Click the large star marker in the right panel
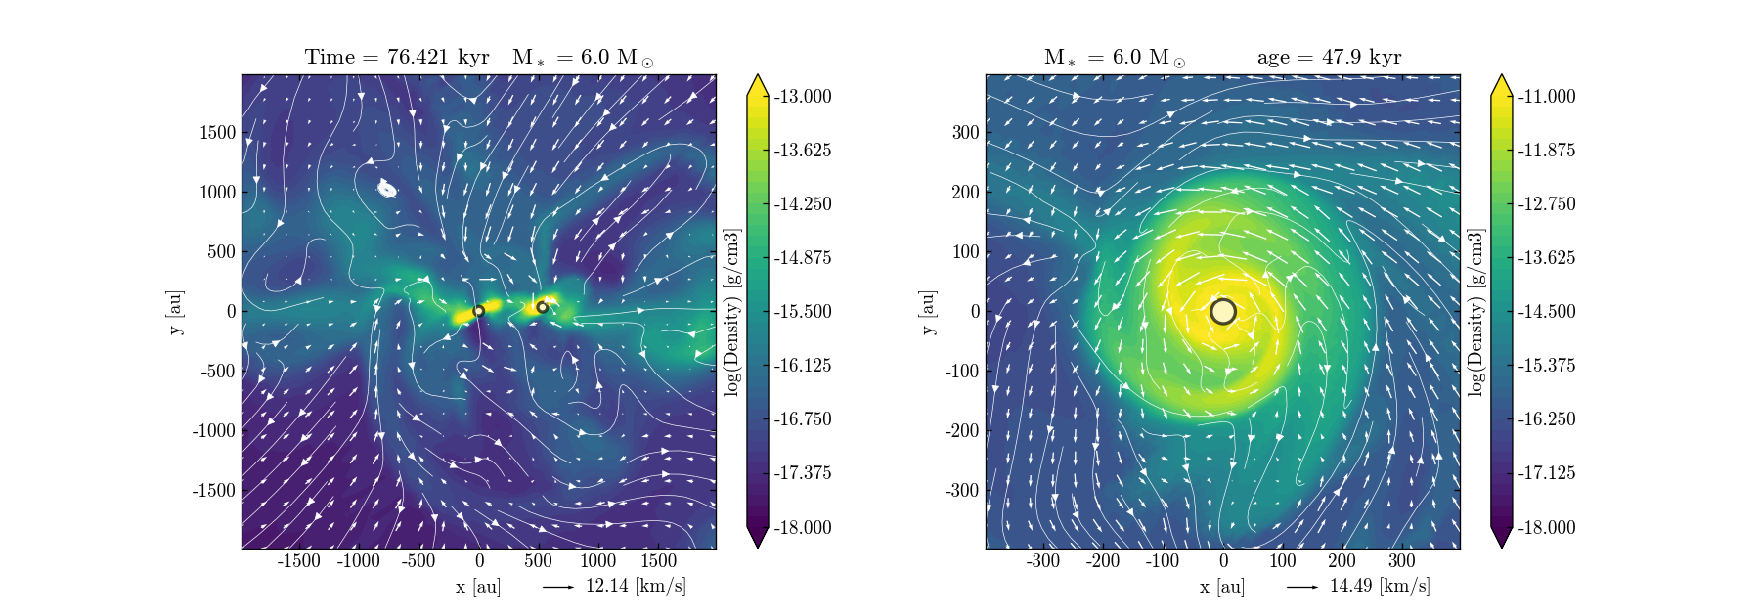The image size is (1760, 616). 1223,311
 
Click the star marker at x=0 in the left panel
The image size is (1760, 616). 479,311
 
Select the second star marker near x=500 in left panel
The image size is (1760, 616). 542,307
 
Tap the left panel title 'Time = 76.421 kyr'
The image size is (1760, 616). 397,57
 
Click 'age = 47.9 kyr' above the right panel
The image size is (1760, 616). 1329,57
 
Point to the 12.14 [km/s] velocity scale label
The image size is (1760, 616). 635,586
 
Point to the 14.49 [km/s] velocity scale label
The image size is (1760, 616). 1379,586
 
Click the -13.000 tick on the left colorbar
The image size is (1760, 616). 802,96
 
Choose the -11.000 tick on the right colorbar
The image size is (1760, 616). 1546,96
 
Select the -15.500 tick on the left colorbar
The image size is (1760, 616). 802,311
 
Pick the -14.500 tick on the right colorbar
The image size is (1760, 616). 1546,311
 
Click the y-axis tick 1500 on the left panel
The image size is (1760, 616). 218,133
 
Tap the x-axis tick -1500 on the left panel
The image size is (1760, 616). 299,561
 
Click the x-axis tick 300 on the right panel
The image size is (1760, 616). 1401,561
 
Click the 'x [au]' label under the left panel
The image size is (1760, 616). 477,587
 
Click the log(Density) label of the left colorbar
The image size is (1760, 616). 731,312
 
